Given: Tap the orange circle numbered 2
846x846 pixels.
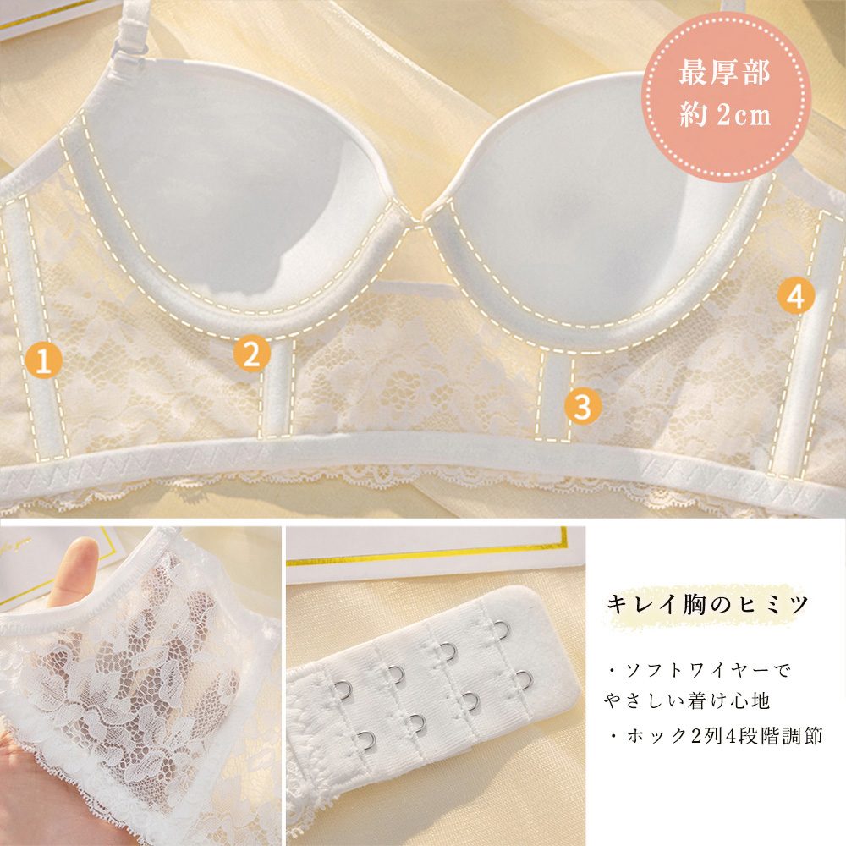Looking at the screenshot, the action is pyautogui.click(x=252, y=354).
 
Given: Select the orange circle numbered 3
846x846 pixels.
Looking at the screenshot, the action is pyautogui.click(x=582, y=406).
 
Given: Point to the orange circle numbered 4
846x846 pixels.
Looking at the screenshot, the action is pyautogui.click(x=796, y=295).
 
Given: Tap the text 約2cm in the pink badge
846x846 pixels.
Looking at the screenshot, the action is pyautogui.click(x=725, y=114).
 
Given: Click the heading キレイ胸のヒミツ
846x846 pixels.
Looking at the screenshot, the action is pyautogui.click(x=707, y=604).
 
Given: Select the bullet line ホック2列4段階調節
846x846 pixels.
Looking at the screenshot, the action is pyautogui.click(x=716, y=736).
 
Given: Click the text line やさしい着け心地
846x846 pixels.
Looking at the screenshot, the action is pyautogui.click(x=686, y=700).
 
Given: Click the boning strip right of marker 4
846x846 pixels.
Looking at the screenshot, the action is pyautogui.click(x=803, y=345).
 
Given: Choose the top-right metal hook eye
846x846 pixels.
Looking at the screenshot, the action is pyautogui.click(x=501, y=629).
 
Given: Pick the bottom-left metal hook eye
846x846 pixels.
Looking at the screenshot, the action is pyautogui.click(x=366, y=740).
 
